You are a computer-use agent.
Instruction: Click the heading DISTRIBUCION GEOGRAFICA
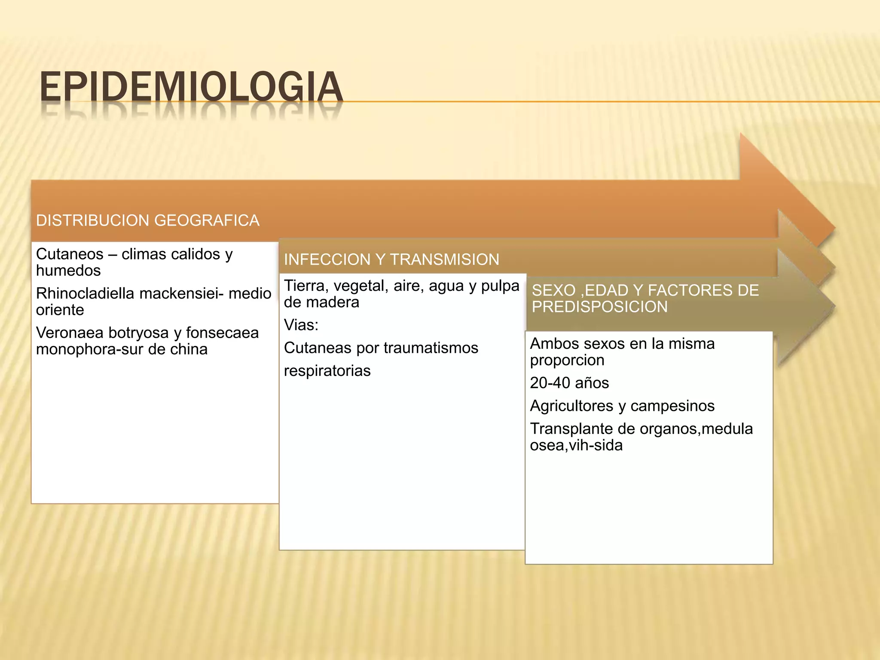coord(148,220)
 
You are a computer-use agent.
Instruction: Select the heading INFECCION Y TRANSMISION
coord(391,260)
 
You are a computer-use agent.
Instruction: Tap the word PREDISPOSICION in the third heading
coord(599,307)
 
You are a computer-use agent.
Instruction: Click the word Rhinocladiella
coord(85,293)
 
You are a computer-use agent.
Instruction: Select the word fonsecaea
coord(222,333)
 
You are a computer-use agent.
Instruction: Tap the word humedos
coord(68,271)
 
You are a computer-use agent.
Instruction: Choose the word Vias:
coord(301,325)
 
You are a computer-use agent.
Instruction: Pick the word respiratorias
coord(327,371)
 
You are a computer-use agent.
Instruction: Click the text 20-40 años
coord(569,383)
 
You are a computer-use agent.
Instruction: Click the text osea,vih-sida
coord(576,445)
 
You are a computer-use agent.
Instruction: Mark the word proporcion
coord(567,360)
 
